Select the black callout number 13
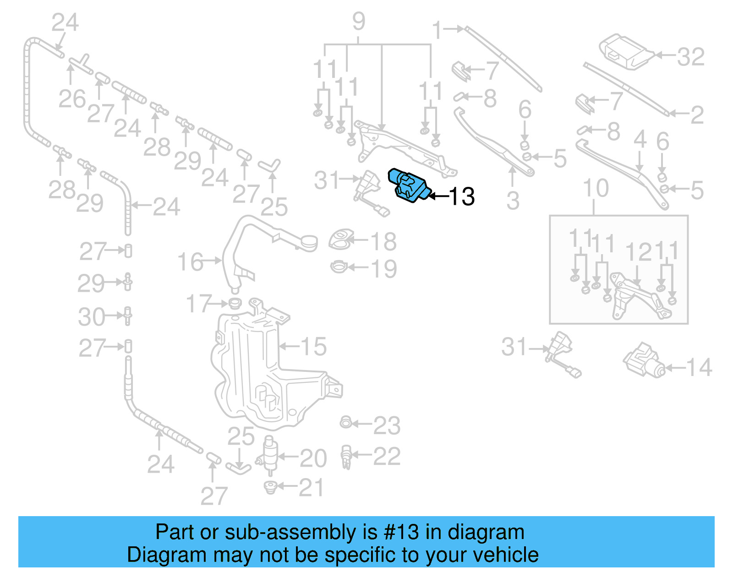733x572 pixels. point(462,196)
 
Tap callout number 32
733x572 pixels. point(690,57)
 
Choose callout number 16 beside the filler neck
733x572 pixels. point(190,262)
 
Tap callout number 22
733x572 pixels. point(387,456)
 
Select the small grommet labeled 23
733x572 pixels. point(346,422)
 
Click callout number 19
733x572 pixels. point(383,268)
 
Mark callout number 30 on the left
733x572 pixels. point(91,316)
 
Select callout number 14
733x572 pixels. point(699,367)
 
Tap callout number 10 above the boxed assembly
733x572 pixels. point(596,188)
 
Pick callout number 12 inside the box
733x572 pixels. point(638,252)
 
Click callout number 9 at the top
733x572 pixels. point(359,21)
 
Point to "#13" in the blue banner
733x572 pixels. point(401,532)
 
